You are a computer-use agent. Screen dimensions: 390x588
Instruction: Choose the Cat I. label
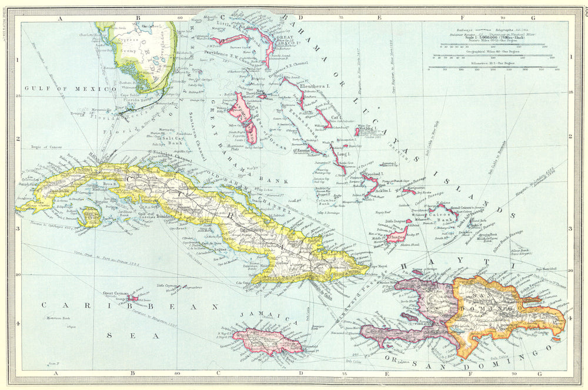[337, 117]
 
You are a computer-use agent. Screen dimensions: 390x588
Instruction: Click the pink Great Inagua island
[396, 236]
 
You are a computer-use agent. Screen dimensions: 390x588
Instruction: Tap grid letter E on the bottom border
[379, 374]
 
